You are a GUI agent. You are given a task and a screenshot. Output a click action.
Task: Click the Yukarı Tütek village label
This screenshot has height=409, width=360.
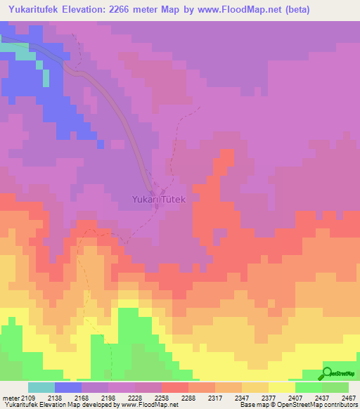[x=158, y=200]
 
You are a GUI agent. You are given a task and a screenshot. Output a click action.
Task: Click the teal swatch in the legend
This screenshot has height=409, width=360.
[x=41, y=387]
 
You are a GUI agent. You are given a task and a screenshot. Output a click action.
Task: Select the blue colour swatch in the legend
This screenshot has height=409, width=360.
[x=68, y=387]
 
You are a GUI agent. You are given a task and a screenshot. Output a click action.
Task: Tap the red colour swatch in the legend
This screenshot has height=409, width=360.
[x=174, y=387]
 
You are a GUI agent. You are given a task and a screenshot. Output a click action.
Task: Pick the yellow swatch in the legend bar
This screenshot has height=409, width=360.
[x=281, y=387]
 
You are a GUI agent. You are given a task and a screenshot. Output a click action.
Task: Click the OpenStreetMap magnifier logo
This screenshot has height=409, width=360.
[x=326, y=372]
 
